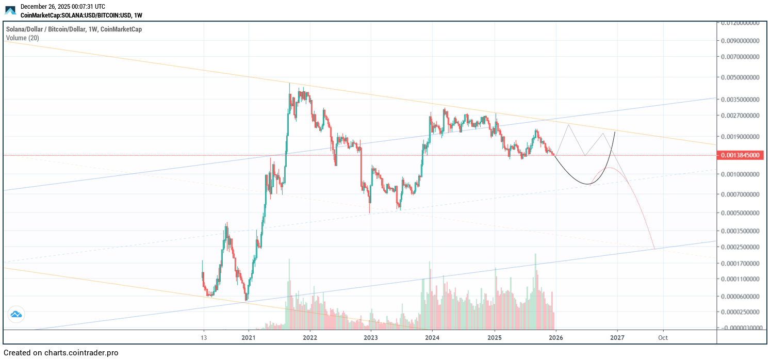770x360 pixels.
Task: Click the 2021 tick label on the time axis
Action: (x=249, y=338)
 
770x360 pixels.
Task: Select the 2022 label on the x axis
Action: (x=310, y=338)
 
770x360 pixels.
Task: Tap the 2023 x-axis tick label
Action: (x=371, y=338)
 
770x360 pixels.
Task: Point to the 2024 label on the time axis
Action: (x=432, y=338)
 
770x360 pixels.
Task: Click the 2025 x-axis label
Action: (x=494, y=338)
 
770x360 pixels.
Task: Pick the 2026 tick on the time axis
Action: (x=555, y=338)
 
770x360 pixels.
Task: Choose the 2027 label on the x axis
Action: (x=617, y=338)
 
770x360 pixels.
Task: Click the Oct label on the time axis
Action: (x=663, y=338)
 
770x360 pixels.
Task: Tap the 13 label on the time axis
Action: (x=204, y=338)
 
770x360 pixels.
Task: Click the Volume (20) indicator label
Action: (x=22, y=38)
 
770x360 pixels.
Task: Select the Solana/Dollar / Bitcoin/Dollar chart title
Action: (x=74, y=29)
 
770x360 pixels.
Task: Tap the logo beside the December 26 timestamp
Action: (x=10, y=10)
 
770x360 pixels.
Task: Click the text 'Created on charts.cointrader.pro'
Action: (x=61, y=353)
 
